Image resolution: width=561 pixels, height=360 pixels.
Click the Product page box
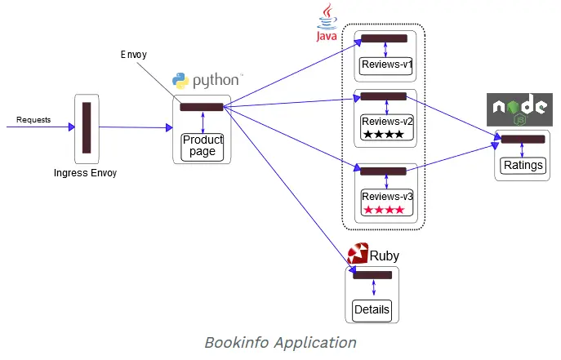coord(202,146)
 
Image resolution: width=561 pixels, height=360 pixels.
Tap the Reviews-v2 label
coord(383,122)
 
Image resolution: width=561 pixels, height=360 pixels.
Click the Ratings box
coord(523,165)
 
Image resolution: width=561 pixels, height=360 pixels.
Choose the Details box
coord(372,310)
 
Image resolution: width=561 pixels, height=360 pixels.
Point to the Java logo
coord(327,23)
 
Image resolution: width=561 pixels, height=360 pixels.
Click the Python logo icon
coord(180,81)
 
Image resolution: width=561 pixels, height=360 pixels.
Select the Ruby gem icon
coord(357,255)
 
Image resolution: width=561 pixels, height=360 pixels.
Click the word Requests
coord(33,120)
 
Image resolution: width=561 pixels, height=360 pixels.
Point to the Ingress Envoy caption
coord(86,173)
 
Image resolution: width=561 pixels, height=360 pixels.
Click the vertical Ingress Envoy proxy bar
coord(87,127)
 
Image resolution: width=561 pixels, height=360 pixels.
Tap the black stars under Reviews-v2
coord(383,134)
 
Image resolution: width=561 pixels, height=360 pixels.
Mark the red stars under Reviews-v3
coord(384,210)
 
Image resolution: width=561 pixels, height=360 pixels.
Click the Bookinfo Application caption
coord(280,343)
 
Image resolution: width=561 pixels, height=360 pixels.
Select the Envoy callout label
coord(134,55)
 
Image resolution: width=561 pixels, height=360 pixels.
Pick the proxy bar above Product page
coord(202,107)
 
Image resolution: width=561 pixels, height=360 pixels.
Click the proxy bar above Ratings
coord(523,140)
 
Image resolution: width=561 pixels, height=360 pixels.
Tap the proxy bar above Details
coord(372,274)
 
